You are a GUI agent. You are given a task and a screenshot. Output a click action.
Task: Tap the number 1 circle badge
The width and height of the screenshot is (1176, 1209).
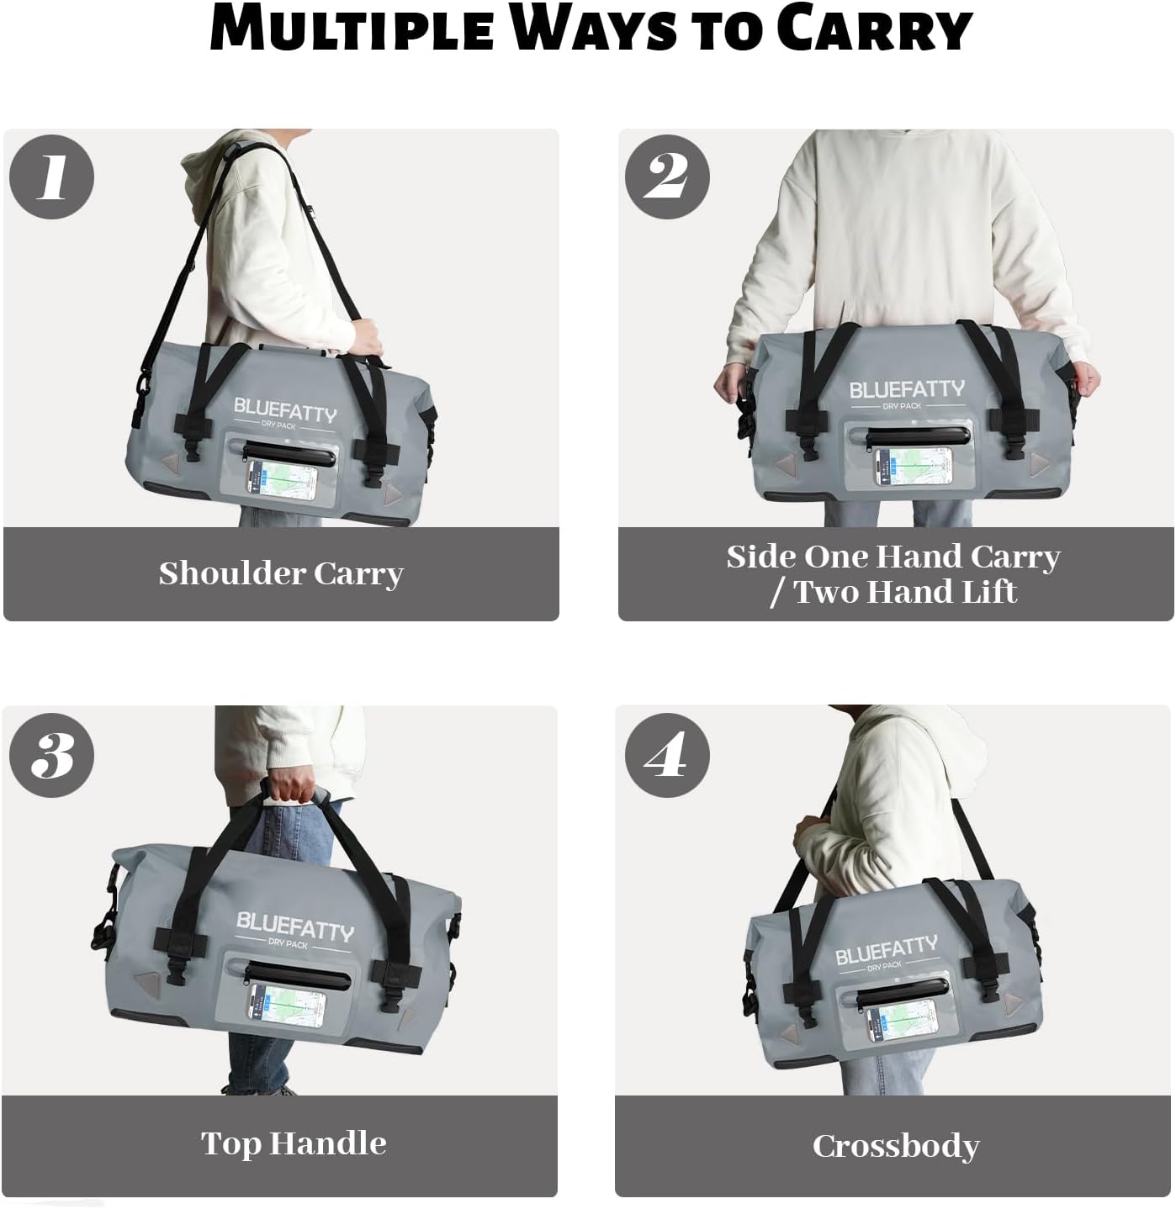point(52,177)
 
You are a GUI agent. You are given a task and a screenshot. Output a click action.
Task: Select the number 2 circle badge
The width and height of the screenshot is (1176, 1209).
point(667,177)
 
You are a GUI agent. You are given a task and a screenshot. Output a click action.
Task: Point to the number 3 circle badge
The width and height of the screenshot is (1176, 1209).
point(52,755)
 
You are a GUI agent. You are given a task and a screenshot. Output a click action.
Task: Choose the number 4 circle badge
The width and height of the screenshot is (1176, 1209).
point(667,755)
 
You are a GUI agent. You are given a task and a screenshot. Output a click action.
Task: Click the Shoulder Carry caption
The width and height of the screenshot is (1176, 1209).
point(281,574)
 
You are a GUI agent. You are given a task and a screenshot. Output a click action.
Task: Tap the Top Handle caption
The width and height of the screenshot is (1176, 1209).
point(293,1143)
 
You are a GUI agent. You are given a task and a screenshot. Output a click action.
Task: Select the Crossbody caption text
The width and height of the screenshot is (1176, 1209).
point(895,1146)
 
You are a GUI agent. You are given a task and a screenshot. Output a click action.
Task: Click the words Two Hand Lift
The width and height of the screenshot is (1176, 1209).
point(905,592)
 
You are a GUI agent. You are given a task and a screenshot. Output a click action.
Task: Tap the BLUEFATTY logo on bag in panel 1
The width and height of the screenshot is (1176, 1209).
point(284,411)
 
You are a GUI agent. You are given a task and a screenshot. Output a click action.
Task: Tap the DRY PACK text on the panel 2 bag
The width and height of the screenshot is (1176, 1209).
point(901,406)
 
